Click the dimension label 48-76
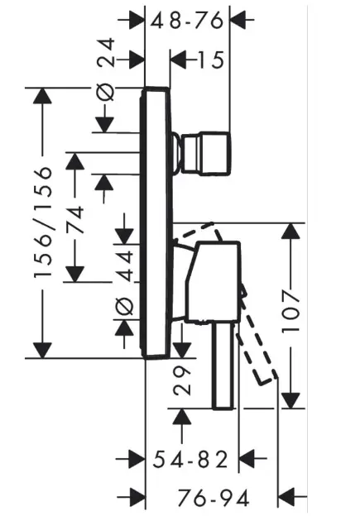(x=187, y=22)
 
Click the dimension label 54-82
(x=190, y=457)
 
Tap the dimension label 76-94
(x=214, y=497)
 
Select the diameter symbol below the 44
(x=123, y=307)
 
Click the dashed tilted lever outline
(x=258, y=347)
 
